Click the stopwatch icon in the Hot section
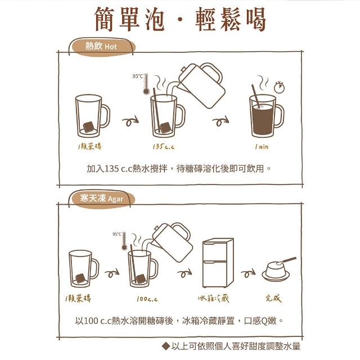pos(279,87)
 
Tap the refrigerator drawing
pos(218,263)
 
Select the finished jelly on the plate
pos(276,271)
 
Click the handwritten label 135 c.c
pos(164,146)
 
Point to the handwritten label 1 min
pos(262,146)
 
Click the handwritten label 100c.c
pos(147,299)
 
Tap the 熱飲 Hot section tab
pos(101,47)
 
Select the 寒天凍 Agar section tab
pos(101,199)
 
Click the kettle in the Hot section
pos(199,85)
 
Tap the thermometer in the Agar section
pos(124,241)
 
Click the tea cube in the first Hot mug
pos(88,127)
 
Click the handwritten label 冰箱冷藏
pos(213,299)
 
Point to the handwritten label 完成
pos(273,299)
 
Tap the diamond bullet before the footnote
pos(166,346)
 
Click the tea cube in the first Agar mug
pos(80,278)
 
